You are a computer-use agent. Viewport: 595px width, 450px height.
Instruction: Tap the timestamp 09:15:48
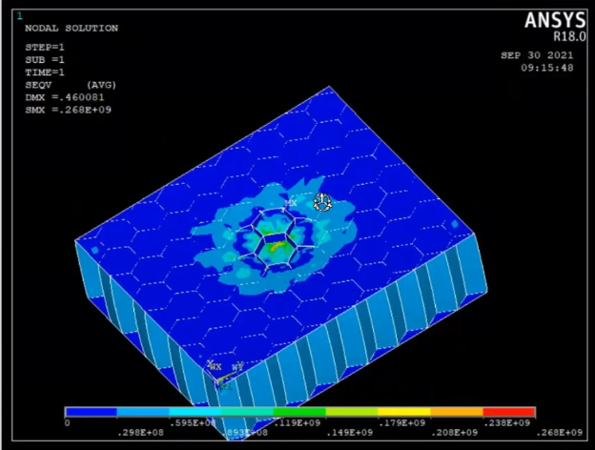pos(546,68)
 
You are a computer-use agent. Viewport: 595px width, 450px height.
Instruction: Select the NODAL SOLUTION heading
pos(72,29)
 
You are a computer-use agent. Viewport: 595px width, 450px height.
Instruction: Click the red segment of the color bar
pos(509,413)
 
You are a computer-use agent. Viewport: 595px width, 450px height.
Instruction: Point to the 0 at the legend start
pos(67,422)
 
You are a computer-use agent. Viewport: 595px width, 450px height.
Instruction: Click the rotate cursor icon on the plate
pos(322,201)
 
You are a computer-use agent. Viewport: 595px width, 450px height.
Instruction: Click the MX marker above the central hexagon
pos(292,203)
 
